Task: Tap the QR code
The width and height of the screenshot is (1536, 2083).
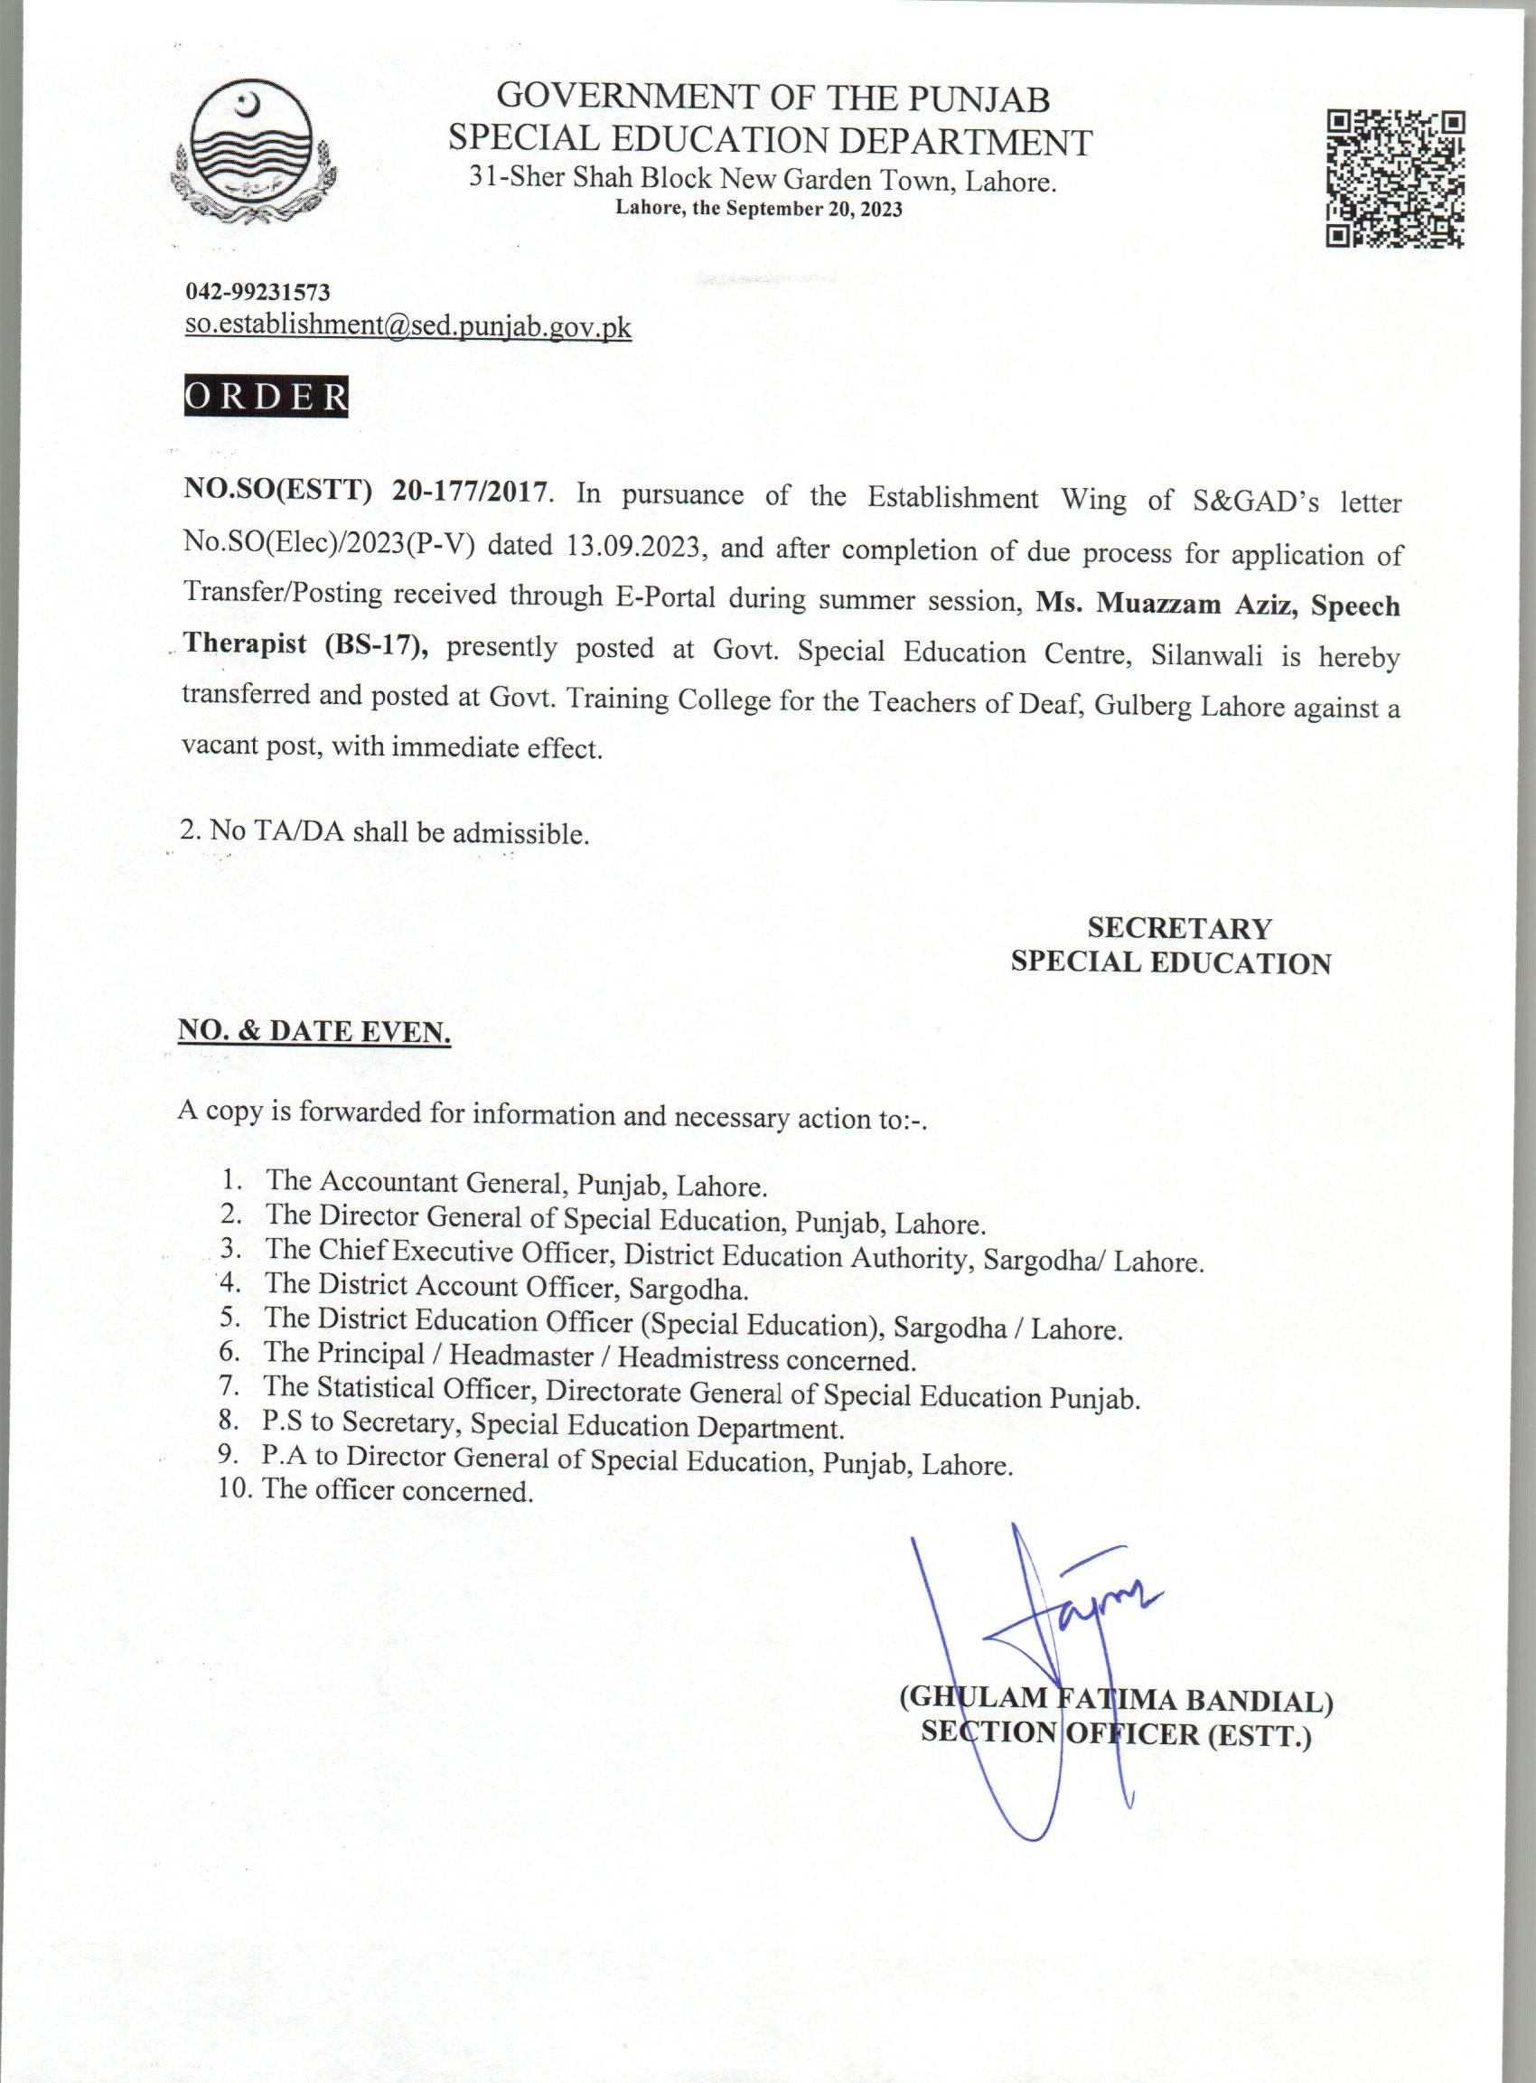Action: point(1395,178)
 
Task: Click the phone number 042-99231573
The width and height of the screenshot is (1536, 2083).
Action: point(258,292)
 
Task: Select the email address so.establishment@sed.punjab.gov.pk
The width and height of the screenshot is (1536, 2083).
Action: point(408,326)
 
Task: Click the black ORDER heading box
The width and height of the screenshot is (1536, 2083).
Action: point(266,398)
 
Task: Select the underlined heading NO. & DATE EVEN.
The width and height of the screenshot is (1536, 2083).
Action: point(314,1031)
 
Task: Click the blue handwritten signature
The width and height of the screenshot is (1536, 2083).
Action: point(1042,1618)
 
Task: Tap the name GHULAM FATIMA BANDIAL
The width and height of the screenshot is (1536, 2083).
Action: point(1116,1701)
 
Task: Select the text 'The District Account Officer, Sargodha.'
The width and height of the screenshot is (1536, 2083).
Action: point(507,1288)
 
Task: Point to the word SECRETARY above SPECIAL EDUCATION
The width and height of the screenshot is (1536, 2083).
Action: point(1179,927)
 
